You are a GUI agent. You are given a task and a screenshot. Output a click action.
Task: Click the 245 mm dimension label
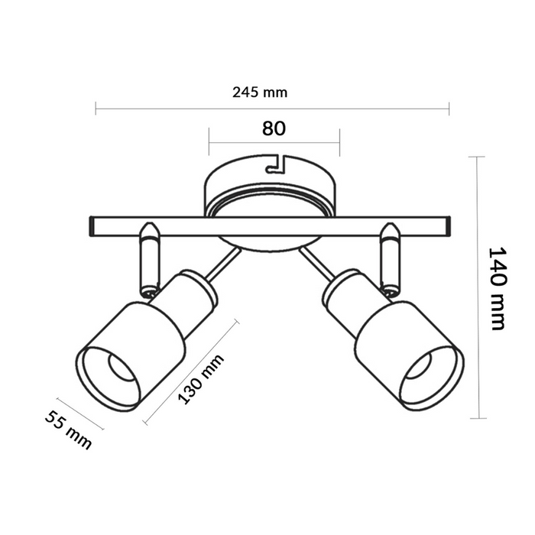[260, 92]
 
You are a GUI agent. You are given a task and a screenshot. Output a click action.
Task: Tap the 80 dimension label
[274, 128]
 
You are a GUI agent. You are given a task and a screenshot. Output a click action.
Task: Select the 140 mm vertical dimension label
[498, 288]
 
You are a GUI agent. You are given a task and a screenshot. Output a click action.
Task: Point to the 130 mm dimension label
[201, 380]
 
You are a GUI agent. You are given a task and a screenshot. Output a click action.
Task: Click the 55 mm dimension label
[68, 430]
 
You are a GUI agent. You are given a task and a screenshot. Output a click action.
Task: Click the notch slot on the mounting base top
[273, 164]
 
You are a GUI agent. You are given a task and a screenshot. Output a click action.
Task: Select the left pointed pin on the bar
[149, 229]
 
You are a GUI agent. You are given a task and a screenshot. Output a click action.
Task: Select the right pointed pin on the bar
[391, 229]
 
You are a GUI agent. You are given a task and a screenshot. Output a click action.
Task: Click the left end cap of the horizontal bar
[90, 226]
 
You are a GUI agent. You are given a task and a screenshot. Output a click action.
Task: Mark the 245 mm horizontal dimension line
[272, 108]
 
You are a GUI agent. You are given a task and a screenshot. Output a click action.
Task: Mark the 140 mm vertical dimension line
[478, 288]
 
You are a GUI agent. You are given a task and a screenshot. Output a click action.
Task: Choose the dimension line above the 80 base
[274, 142]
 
